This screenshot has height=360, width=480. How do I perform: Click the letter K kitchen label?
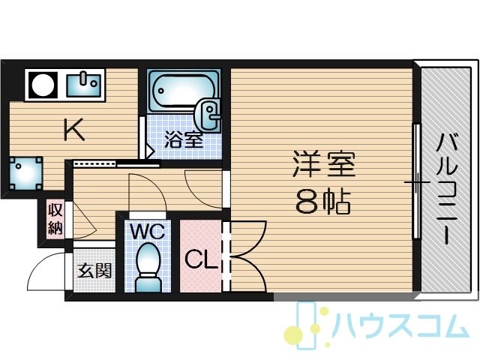tap(74, 130)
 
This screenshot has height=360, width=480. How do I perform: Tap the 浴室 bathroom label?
tap(184, 139)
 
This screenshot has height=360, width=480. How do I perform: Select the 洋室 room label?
tap(324, 163)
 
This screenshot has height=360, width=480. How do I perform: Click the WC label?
tap(148, 232)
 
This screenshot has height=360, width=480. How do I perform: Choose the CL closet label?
tap(201, 259)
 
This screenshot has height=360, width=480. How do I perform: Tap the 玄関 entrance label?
tap(94, 271)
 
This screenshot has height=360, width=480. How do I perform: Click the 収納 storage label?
tap(55, 218)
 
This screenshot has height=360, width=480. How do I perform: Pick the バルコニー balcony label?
tap(447, 189)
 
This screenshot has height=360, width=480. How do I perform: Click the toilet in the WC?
tap(148, 268)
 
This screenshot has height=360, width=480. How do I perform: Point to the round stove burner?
tap(43, 85)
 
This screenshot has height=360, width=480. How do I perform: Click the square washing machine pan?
tap(25, 173)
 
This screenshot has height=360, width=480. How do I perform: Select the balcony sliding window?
tap(416, 181)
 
